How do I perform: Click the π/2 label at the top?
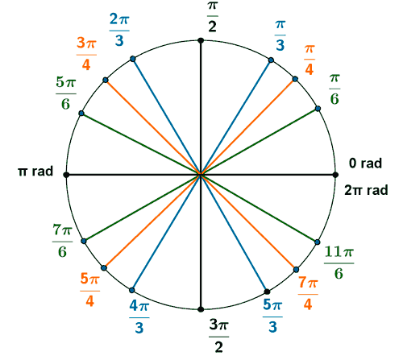click(212, 17)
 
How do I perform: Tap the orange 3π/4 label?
click(86, 54)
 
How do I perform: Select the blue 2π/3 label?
click(119, 30)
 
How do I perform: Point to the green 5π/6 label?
click(66, 93)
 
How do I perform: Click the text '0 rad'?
click(365, 163)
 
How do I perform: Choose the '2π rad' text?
click(367, 190)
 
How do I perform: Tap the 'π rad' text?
click(35, 172)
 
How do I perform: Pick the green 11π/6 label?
click(339, 263)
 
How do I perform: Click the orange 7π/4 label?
click(308, 293)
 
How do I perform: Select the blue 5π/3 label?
click(272, 316)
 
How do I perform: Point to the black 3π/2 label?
click(219, 336)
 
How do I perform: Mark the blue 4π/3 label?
click(139, 317)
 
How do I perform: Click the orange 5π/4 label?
click(90, 290)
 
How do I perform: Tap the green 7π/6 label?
click(62, 241)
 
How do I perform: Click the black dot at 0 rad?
click(335, 175)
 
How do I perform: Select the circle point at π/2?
click(201, 40)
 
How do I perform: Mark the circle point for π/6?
click(318, 109)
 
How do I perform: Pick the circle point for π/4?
click(295, 79)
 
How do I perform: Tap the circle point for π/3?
click(271, 60)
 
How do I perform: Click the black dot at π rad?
click(66, 175)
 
